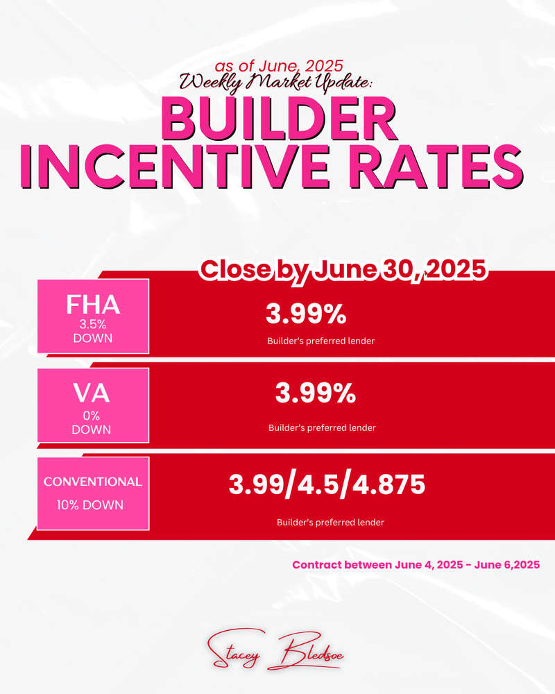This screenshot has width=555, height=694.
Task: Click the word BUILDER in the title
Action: (278, 119)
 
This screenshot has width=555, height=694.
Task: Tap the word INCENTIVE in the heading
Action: (176, 167)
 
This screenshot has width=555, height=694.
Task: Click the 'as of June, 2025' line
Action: (279, 66)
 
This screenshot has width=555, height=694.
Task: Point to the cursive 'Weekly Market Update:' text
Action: (275, 83)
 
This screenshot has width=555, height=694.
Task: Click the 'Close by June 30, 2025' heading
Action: (343, 269)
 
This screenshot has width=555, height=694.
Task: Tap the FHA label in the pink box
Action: (93, 305)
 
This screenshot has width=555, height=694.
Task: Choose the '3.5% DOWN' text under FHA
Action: (93, 331)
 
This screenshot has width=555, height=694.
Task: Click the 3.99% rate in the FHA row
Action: (306, 314)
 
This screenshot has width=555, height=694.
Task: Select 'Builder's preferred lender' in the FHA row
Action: (321, 341)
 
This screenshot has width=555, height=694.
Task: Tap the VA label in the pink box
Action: (91, 393)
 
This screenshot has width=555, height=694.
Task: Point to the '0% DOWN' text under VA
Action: (91, 422)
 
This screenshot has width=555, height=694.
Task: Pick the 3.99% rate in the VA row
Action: (315, 393)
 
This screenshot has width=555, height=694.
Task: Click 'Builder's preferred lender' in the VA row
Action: (322, 428)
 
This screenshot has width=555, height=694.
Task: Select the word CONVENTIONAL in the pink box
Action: (92, 482)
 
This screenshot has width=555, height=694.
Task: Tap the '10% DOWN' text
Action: (90, 505)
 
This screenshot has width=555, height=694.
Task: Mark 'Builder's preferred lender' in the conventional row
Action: (330, 523)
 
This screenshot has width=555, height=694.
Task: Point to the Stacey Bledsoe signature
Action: (275, 650)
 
